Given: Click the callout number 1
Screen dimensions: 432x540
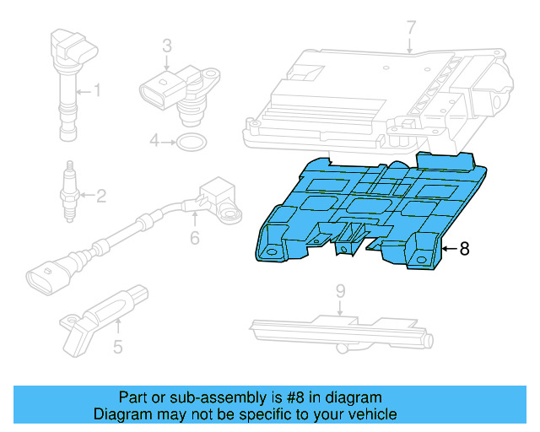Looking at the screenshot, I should pos(97,89).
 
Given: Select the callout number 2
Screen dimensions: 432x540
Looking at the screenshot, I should pos(100,197).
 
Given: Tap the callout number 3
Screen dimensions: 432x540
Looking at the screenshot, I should pos(167,46).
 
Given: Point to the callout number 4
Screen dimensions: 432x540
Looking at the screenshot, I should pos(155,141).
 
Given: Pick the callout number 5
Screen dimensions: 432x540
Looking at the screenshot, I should pos(118,346).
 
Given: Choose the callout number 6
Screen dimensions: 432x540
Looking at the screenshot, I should pos(194,239).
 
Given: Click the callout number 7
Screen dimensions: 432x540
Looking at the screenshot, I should pos(411,28).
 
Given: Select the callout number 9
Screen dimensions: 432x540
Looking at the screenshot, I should pos(340,291).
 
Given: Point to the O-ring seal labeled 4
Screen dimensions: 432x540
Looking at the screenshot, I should pos(192,141).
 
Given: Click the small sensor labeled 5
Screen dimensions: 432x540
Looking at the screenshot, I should pos(101,316).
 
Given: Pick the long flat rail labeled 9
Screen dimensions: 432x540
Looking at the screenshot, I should pos(337,328).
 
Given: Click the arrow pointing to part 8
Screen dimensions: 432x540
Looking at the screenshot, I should pos(448,249).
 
